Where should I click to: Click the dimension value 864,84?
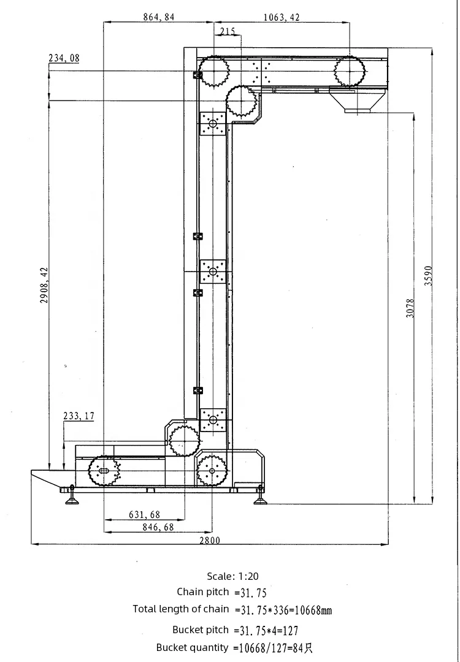tap(158, 17)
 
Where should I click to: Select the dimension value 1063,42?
tap(282, 17)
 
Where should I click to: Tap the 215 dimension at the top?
tap(228, 31)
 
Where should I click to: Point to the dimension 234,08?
tap(64, 58)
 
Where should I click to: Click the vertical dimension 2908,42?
tap(44, 286)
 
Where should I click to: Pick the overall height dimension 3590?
tap(428, 276)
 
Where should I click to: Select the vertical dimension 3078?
tap(410, 308)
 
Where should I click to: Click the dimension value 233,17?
tap(79, 416)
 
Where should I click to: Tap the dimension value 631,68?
tap(145, 515)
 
